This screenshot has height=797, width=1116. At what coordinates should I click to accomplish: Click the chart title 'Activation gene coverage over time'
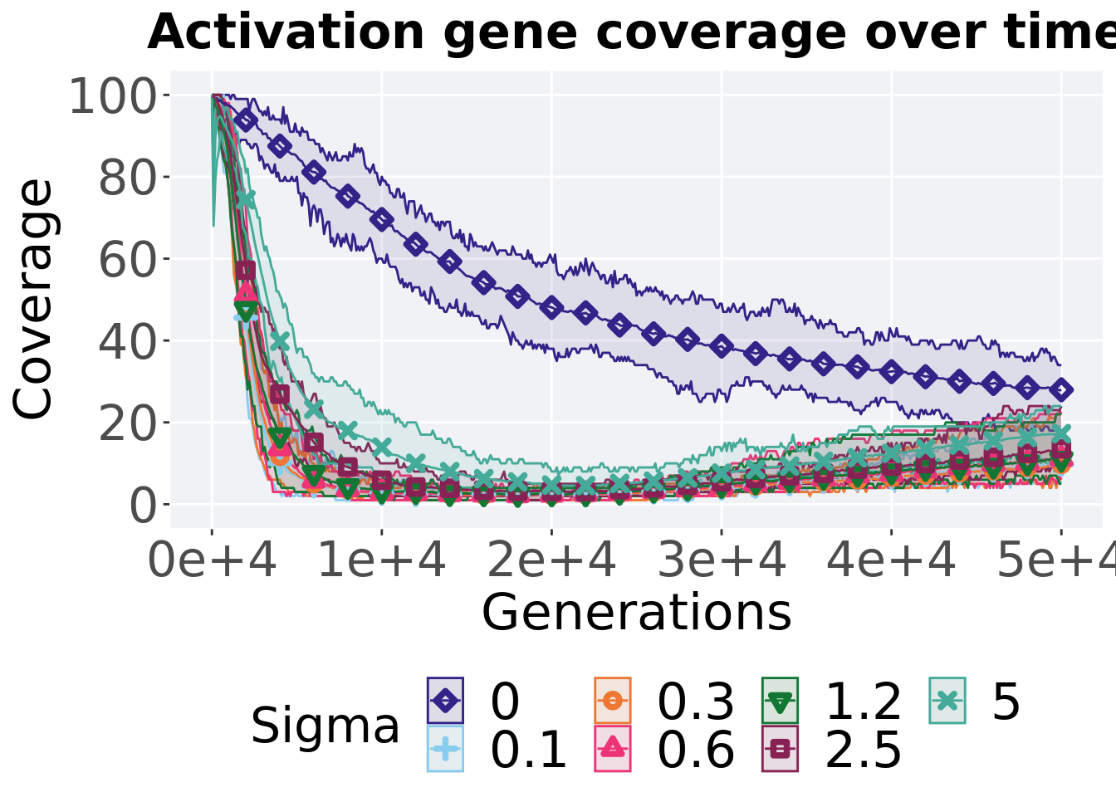pos(631,33)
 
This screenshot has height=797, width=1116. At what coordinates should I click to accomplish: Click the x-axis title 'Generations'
pos(636,614)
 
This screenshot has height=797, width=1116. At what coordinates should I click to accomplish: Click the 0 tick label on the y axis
pos(143,505)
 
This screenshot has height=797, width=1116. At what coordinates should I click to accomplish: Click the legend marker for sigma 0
pos(446,702)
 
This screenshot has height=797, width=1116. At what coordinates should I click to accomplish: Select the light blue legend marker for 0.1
pos(446,749)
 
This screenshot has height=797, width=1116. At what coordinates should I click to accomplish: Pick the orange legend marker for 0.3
pos(613,702)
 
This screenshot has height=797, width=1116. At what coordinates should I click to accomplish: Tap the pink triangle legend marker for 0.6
pos(613,749)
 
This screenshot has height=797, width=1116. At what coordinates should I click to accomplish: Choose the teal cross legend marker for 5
pos(947,702)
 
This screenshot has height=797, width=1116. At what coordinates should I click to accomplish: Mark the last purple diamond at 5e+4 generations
pos(1060,390)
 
